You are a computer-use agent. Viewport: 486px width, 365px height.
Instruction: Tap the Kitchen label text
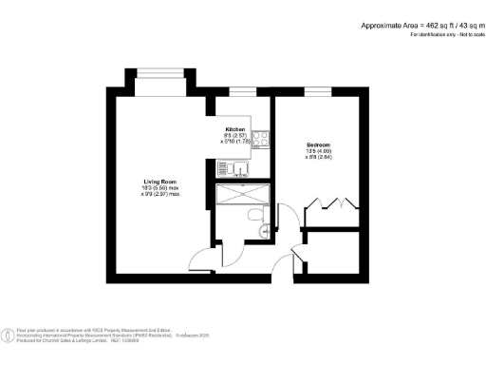click(x=235, y=129)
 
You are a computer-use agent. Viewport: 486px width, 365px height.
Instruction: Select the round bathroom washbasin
click(x=266, y=228)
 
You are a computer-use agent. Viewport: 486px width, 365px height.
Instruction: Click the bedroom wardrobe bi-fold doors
click(x=332, y=204)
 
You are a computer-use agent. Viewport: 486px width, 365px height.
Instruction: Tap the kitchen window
click(x=242, y=91)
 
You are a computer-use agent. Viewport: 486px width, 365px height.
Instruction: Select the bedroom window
click(x=316, y=91)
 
